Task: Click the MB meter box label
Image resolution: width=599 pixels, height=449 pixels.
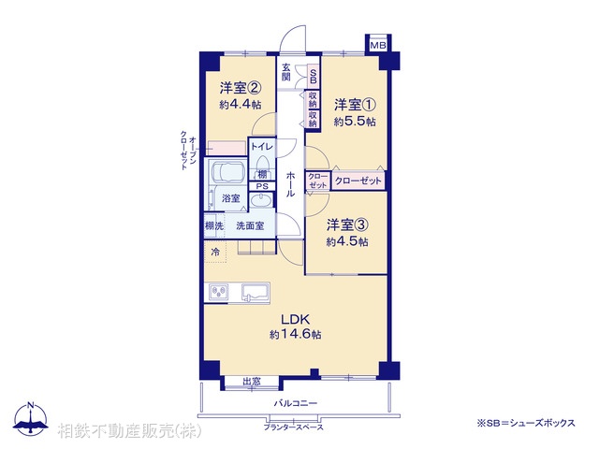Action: point(378,46)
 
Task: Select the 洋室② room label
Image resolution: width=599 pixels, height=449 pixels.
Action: point(240,89)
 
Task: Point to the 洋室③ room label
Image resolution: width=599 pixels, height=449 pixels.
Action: point(346,225)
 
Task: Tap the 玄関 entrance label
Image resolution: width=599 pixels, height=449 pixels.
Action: point(285,72)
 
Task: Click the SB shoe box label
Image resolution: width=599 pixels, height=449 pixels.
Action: point(313,79)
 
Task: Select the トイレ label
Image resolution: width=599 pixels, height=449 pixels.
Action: point(261,147)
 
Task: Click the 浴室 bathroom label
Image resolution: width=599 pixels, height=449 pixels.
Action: point(229,198)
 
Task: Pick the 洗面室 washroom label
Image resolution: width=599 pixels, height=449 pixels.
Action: point(250,225)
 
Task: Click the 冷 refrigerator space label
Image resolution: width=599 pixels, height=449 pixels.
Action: point(215,253)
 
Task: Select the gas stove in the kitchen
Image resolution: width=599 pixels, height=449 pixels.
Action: point(218,294)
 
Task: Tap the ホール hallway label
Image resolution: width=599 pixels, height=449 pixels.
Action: point(291,183)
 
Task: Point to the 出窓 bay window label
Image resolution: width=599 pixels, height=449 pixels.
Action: point(252,381)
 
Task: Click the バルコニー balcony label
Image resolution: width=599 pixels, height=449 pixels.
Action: point(296,403)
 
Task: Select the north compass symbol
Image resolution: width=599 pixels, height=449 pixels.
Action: point(31,420)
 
